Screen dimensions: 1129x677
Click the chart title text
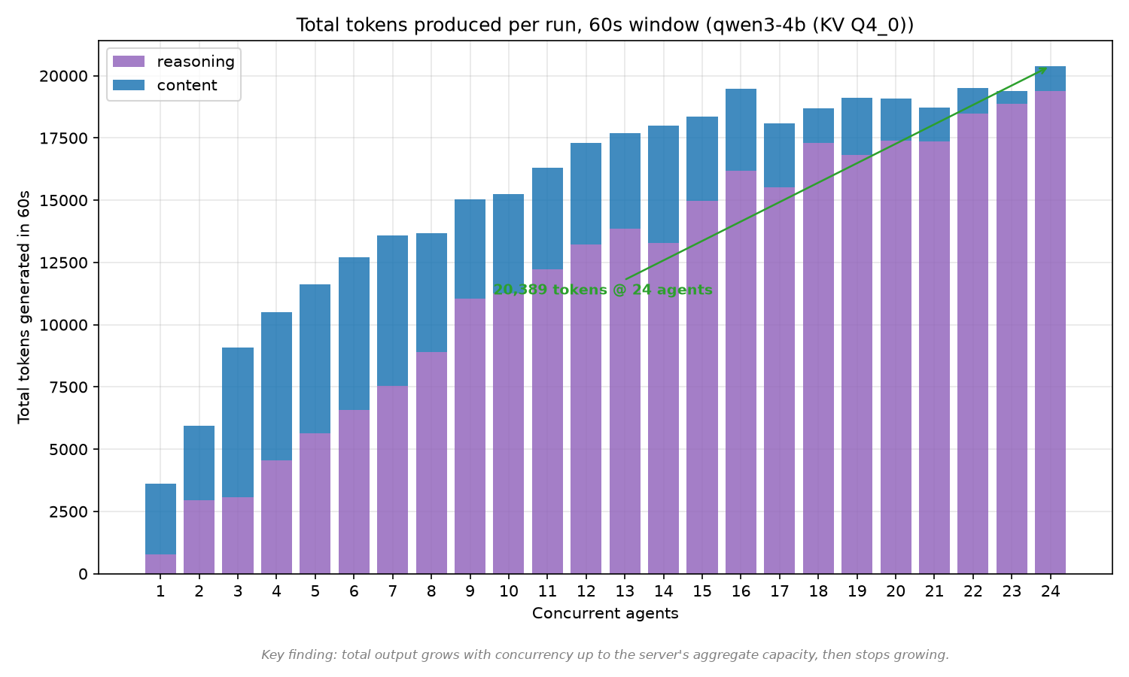click(x=605, y=25)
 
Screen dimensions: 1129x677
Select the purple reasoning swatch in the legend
click(x=129, y=62)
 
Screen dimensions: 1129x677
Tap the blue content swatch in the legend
click(x=129, y=85)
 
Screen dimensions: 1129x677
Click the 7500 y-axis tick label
click(x=69, y=387)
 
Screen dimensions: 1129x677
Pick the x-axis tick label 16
click(x=741, y=591)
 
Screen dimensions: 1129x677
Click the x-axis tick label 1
click(x=161, y=591)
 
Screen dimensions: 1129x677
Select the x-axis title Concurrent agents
click(x=605, y=614)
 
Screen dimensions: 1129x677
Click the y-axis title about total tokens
click(x=23, y=307)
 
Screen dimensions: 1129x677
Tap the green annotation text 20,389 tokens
click(x=603, y=290)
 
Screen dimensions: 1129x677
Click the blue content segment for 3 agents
click(x=238, y=422)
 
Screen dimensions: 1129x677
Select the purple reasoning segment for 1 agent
click(x=161, y=563)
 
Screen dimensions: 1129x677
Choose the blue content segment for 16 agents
click(x=741, y=130)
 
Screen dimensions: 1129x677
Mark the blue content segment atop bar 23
click(x=1012, y=98)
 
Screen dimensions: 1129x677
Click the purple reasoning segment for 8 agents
click(x=431, y=463)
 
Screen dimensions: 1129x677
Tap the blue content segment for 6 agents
click(x=354, y=333)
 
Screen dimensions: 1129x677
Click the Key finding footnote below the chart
click(x=605, y=655)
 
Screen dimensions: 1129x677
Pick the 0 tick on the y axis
click(x=83, y=574)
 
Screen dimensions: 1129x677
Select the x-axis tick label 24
click(x=1051, y=591)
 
